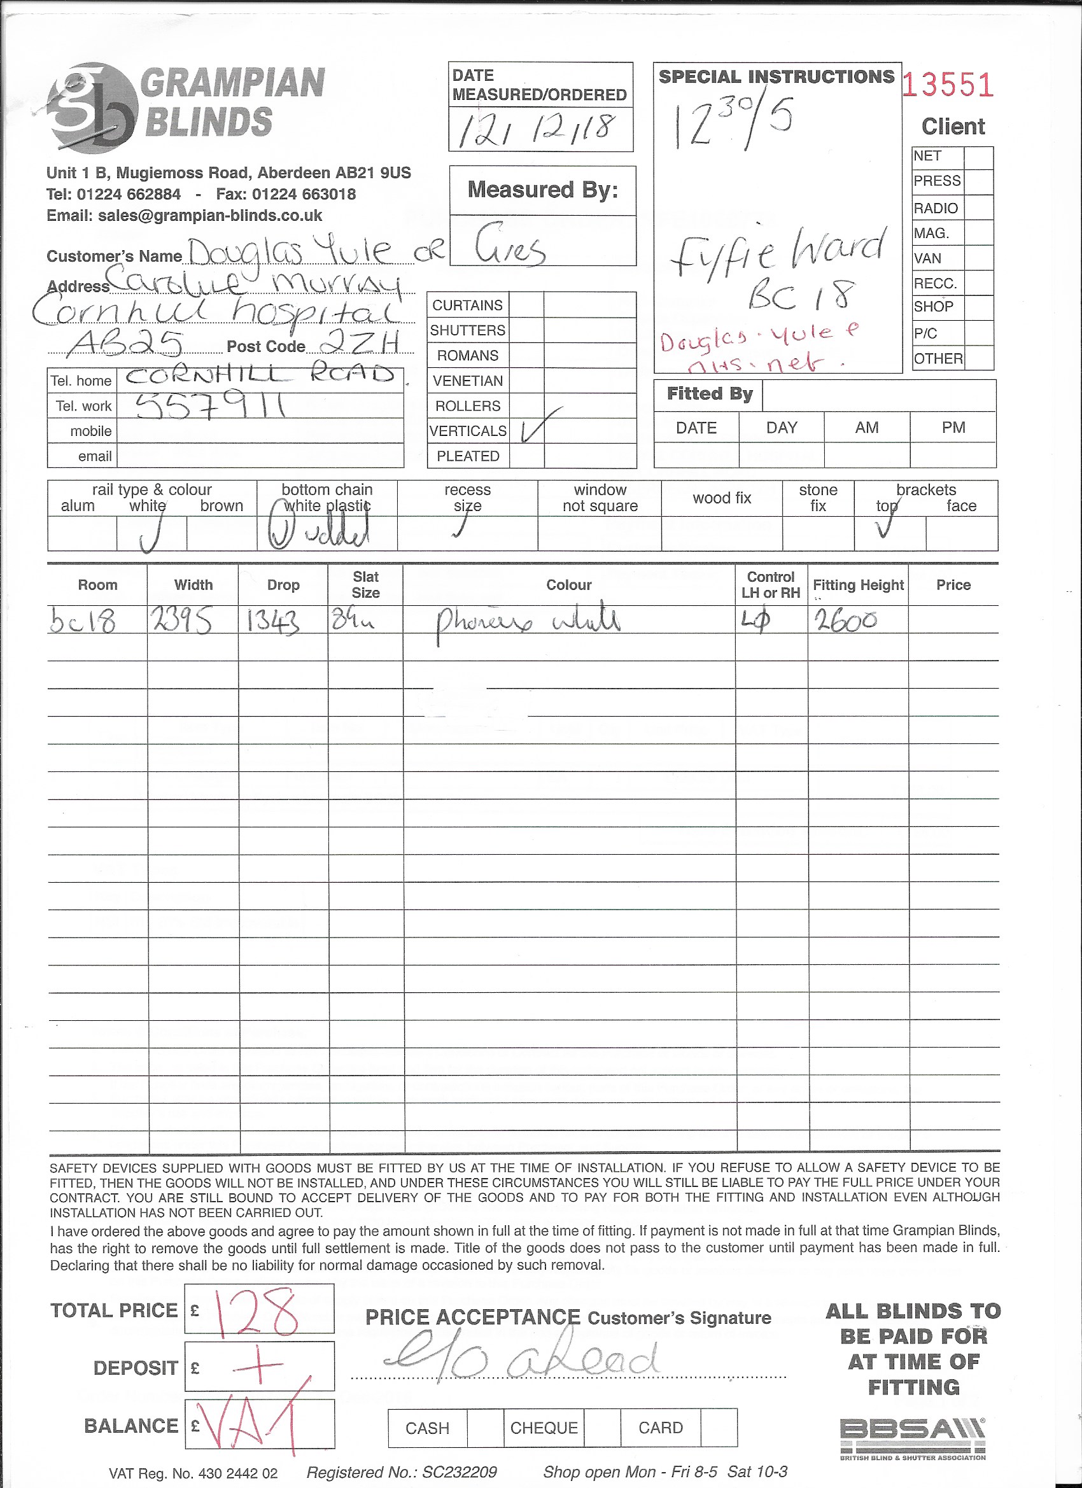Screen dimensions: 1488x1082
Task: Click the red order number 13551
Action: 948,86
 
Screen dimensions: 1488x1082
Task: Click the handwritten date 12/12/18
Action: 538,129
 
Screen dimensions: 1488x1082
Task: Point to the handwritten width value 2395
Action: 181,620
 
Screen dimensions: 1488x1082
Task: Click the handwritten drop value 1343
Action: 273,621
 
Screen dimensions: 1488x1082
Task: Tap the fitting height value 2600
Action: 845,619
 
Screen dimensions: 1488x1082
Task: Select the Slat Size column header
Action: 365,584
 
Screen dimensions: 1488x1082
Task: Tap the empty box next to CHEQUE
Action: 601,1428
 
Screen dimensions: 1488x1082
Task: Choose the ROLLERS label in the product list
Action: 468,406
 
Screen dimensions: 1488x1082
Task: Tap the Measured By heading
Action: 543,190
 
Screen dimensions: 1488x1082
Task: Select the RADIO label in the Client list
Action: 936,209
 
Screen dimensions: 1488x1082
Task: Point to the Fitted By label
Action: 709,395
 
